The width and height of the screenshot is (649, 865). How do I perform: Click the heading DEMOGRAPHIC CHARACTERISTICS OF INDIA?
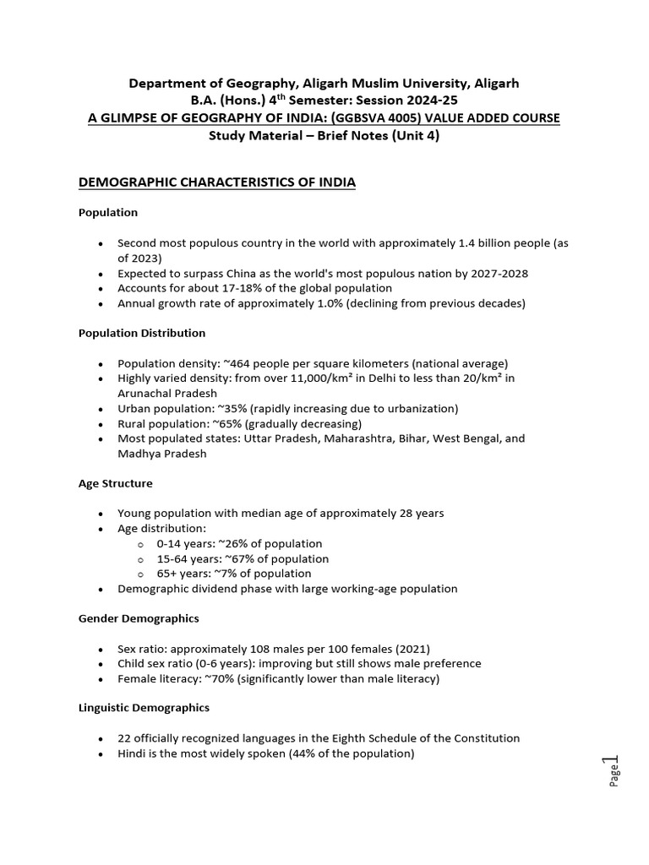point(216,182)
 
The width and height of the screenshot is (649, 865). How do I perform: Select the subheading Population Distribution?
point(141,334)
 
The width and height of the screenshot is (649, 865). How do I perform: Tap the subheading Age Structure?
point(115,484)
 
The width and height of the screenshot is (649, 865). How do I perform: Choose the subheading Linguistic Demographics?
point(144,707)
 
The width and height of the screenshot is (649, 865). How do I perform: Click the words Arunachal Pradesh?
point(166,394)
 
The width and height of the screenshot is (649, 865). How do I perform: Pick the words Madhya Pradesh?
point(161,454)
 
